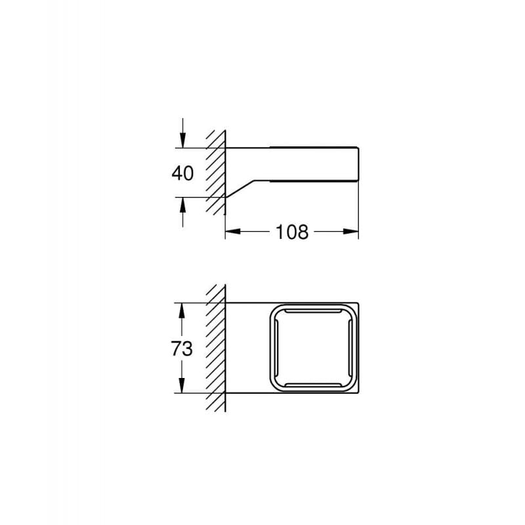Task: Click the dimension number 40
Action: pyautogui.click(x=182, y=173)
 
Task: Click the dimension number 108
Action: pyautogui.click(x=291, y=232)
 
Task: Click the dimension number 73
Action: pyautogui.click(x=182, y=348)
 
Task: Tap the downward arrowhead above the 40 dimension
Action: pyautogui.click(x=182, y=140)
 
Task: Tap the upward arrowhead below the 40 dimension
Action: pyautogui.click(x=182, y=205)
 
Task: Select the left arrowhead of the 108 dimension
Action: pyautogui.click(x=233, y=232)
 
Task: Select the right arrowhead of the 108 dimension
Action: pyautogui.click(x=351, y=232)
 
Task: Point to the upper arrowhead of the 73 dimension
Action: pyautogui.click(x=182, y=310)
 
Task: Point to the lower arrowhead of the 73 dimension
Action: pyautogui.click(x=182, y=385)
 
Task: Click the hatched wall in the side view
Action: pyautogui.click(x=216, y=173)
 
